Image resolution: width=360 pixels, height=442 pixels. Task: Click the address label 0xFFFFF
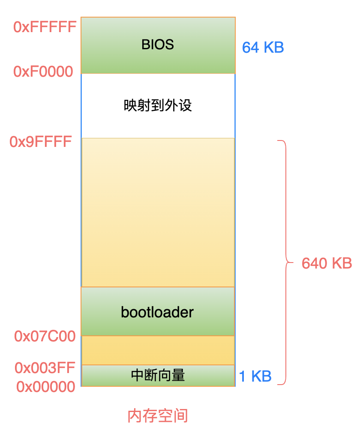coord(45,27)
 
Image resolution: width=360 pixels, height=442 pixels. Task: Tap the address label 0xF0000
coord(43,72)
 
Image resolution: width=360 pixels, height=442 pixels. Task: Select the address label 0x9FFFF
coord(41,142)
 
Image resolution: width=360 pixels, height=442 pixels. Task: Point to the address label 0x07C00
coord(45,336)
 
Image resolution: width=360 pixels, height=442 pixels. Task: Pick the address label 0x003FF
coord(45,368)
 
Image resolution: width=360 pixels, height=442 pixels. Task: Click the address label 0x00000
coord(46,387)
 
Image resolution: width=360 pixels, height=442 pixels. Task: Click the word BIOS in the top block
coord(158,45)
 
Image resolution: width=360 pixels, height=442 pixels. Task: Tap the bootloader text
coord(157,312)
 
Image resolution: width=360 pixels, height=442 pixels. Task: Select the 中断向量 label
coord(158,376)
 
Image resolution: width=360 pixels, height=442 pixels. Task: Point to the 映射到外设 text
coord(158,105)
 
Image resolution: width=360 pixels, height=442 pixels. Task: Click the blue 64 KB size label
coord(263,48)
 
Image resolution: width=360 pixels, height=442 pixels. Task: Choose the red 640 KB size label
coord(327,263)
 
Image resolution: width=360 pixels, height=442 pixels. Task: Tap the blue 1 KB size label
coord(255,376)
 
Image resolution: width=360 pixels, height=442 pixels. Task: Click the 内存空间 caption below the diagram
coord(158,416)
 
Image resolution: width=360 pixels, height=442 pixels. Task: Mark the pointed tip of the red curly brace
coord(293,263)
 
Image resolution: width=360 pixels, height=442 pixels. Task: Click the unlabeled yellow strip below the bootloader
coord(158,350)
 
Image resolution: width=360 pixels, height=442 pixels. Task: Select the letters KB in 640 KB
coord(342,263)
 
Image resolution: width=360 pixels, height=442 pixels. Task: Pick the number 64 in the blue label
coord(251,48)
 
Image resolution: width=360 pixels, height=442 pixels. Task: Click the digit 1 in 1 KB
coord(242,376)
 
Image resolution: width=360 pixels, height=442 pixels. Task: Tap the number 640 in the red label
coord(315,263)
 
